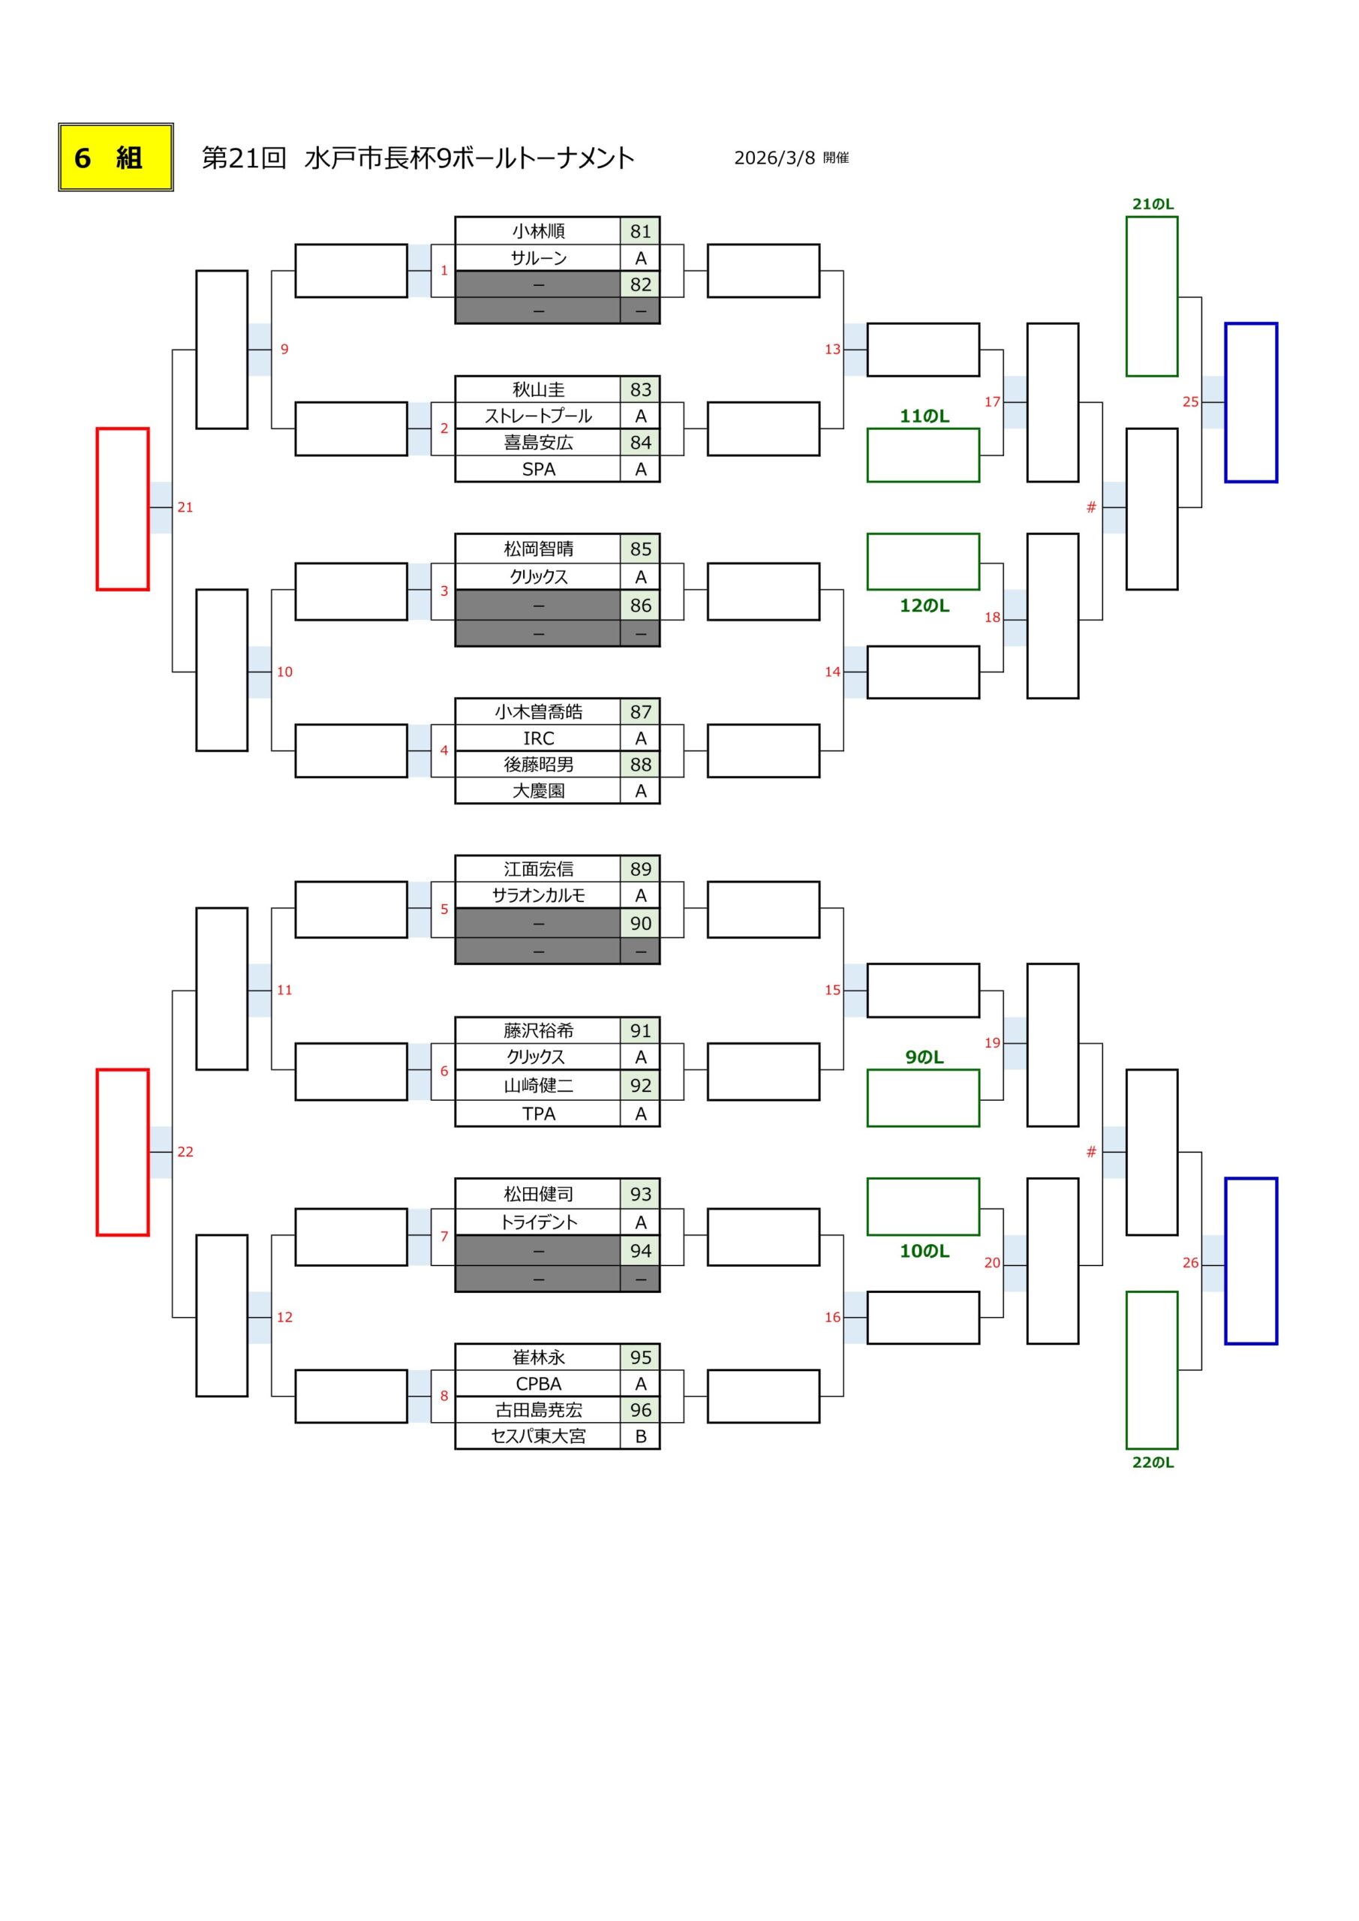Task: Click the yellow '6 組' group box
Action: (x=116, y=158)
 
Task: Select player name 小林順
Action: (x=538, y=231)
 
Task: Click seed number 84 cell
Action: (x=640, y=443)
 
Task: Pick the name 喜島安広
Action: (x=538, y=443)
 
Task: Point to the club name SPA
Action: (x=538, y=470)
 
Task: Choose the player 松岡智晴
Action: (x=538, y=549)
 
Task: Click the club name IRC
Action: (x=538, y=738)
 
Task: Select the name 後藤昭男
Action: (x=538, y=764)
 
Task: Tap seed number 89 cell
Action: (x=640, y=869)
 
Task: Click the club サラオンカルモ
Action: (x=538, y=895)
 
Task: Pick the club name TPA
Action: (x=538, y=1114)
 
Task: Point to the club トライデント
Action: (x=538, y=1222)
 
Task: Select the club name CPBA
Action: (x=538, y=1384)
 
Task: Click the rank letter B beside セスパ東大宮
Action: (x=640, y=1436)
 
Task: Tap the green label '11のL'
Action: (x=924, y=416)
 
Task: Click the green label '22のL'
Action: (x=1153, y=1463)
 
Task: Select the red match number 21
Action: (x=185, y=507)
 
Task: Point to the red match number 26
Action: (x=1190, y=1263)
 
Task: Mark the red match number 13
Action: (x=831, y=349)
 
